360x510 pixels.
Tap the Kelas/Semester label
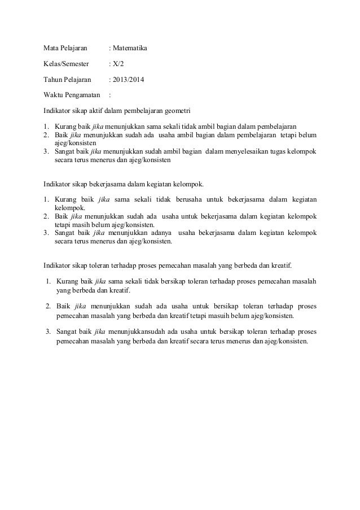click(x=67, y=64)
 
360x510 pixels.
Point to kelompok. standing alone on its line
click(x=69, y=207)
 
